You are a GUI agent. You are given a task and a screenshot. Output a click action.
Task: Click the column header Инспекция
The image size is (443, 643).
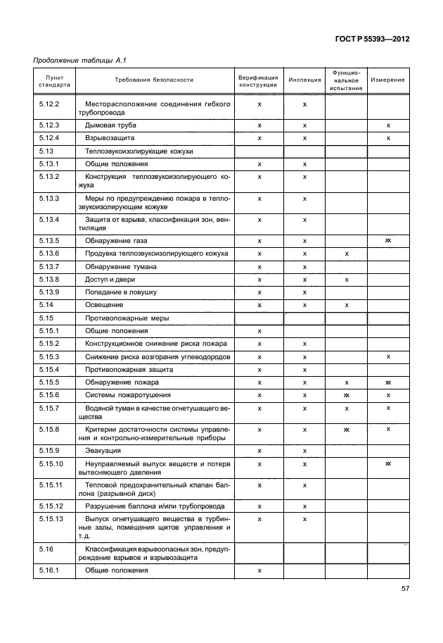tap(304, 80)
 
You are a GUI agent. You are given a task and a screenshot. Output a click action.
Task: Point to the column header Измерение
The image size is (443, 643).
tap(388, 80)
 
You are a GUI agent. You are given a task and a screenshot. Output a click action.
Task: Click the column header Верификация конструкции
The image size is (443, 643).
tap(258, 80)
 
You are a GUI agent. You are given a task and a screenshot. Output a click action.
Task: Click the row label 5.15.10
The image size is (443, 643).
tap(50, 463)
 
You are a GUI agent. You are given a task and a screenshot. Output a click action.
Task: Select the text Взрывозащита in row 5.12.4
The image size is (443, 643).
tap(110, 138)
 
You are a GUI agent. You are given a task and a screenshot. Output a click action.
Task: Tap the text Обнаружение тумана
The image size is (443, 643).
tap(121, 267)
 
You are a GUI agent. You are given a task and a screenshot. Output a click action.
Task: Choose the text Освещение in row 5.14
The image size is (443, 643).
tap(105, 305)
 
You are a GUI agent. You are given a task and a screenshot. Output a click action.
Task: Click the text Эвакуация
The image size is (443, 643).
tap(103, 450)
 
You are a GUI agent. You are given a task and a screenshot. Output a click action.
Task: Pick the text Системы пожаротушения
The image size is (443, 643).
tap(128, 395)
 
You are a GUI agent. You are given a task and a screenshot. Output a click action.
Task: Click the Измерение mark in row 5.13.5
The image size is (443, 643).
tap(388, 241)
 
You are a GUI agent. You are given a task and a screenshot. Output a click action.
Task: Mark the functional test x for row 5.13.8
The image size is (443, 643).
tap(347, 280)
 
